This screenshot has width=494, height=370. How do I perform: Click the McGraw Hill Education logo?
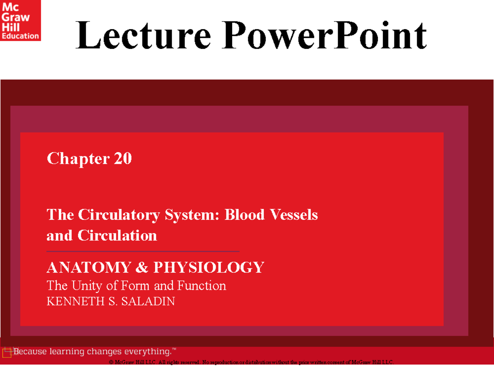tap(20, 20)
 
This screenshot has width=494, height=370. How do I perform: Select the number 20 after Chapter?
tap(123, 158)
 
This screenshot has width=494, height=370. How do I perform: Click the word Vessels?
tap(293, 215)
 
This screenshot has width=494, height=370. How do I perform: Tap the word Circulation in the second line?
tap(117, 236)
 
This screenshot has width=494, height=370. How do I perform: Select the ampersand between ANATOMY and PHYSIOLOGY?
tap(141, 268)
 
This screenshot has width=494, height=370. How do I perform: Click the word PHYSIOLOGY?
tap(209, 268)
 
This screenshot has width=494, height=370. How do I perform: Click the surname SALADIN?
tap(151, 302)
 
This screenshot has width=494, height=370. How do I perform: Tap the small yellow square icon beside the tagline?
tap(7, 353)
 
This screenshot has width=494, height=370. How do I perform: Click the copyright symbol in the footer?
tap(111, 363)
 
